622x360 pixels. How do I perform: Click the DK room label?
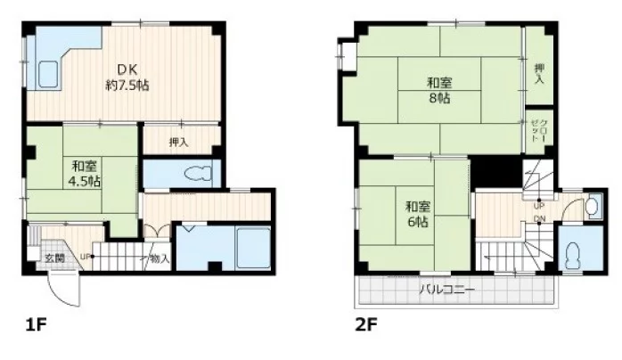coord(127,70)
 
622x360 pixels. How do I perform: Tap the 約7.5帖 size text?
coord(127,85)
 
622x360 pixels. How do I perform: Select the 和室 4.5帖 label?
coord(84,174)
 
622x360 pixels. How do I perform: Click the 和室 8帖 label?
coord(439,90)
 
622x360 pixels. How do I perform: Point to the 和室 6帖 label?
coord(418,214)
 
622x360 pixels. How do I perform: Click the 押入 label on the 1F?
coord(178,142)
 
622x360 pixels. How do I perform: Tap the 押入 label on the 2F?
coord(539,74)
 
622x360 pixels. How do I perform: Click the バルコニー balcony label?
coord(447,290)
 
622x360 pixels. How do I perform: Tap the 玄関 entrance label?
coord(54,258)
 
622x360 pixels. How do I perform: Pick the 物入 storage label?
coord(160,259)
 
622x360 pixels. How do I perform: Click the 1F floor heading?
coord(37,325)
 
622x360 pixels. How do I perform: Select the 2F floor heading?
coord(366,325)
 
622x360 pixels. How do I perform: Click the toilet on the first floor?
coord(199,174)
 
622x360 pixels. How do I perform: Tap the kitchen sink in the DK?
coord(48,75)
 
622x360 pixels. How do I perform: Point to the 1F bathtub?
coord(253,248)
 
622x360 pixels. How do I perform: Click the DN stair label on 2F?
coord(539,218)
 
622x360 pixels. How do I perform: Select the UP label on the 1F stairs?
coord(85,256)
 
